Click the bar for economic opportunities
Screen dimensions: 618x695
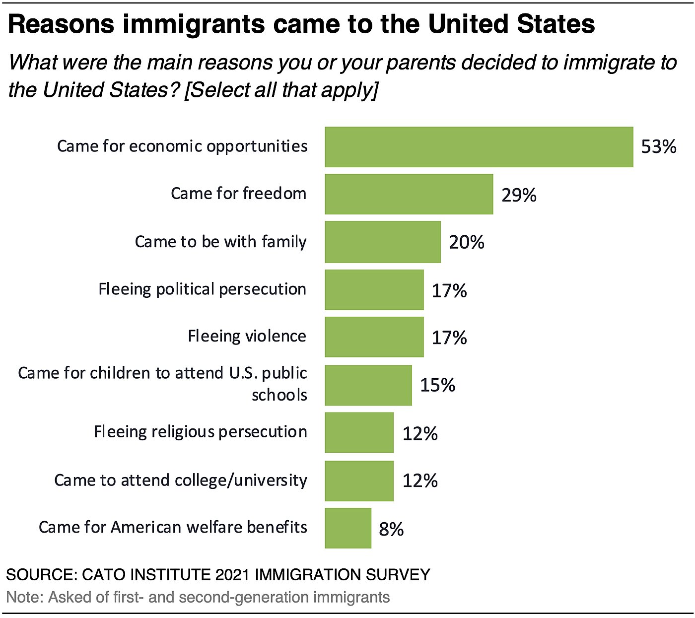[x=479, y=147]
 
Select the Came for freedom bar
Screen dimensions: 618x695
[x=409, y=194]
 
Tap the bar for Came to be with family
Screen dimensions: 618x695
[x=383, y=242]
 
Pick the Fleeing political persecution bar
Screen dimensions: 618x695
[x=374, y=290]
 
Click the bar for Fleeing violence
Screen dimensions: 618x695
[x=374, y=337]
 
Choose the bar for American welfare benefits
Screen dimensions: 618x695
[x=348, y=528]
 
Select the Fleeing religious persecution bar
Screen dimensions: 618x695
[x=359, y=432]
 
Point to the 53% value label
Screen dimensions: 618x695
[x=659, y=147]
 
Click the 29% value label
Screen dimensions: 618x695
[x=519, y=195]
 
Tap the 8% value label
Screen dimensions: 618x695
[x=391, y=529]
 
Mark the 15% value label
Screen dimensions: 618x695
[x=437, y=385]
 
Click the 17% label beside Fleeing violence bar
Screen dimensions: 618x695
[x=449, y=338]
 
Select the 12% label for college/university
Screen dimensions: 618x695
[x=420, y=481]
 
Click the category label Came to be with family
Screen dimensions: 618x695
[x=220, y=242]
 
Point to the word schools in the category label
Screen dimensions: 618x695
[x=279, y=395]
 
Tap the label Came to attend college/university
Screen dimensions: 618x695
[x=181, y=481]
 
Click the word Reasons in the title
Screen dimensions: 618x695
[x=61, y=24]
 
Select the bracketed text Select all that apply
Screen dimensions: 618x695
[x=281, y=90]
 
